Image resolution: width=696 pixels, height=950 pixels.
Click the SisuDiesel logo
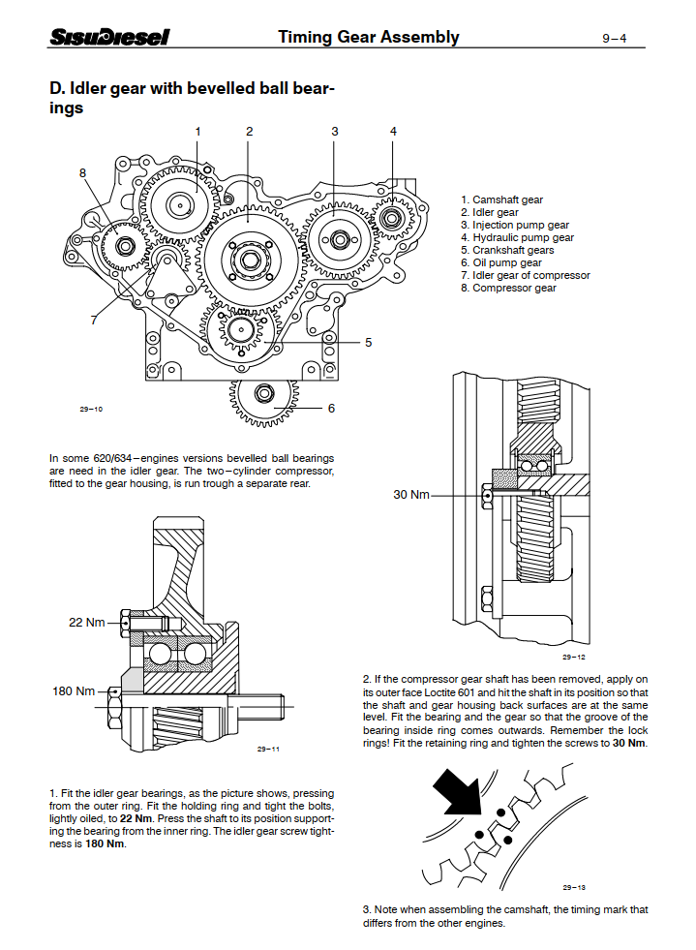pyautogui.click(x=109, y=38)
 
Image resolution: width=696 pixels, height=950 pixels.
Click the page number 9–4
pyautogui.click(x=614, y=39)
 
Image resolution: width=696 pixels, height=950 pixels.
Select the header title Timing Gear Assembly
pyautogui.click(x=368, y=38)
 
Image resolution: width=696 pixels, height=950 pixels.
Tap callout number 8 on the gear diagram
pyautogui.click(x=83, y=173)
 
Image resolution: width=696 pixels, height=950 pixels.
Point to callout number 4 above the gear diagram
pyautogui.click(x=393, y=131)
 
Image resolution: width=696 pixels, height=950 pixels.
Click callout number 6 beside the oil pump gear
pyautogui.click(x=331, y=408)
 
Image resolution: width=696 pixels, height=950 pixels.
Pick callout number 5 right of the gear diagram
pyautogui.click(x=368, y=342)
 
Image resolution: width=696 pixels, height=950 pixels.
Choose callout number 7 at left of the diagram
pyautogui.click(x=94, y=320)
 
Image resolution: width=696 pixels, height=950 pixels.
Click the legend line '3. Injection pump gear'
pyautogui.click(x=514, y=226)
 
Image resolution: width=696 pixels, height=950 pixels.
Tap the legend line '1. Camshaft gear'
pyautogui.click(x=501, y=200)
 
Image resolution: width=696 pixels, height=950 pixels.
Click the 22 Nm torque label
pyautogui.click(x=86, y=623)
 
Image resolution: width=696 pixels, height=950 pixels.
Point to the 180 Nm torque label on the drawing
pyautogui.click(x=74, y=691)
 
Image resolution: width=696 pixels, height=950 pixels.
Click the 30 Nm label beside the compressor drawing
pyautogui.click(x=410, y=495)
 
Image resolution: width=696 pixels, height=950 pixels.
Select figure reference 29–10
pyautogui.click(x=91, y=409)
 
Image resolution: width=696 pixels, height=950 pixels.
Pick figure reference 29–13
pyautogui.click(x=575, y=887)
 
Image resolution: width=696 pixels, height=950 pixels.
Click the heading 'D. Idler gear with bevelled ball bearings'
pyautogui.click(x=192, y=99)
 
